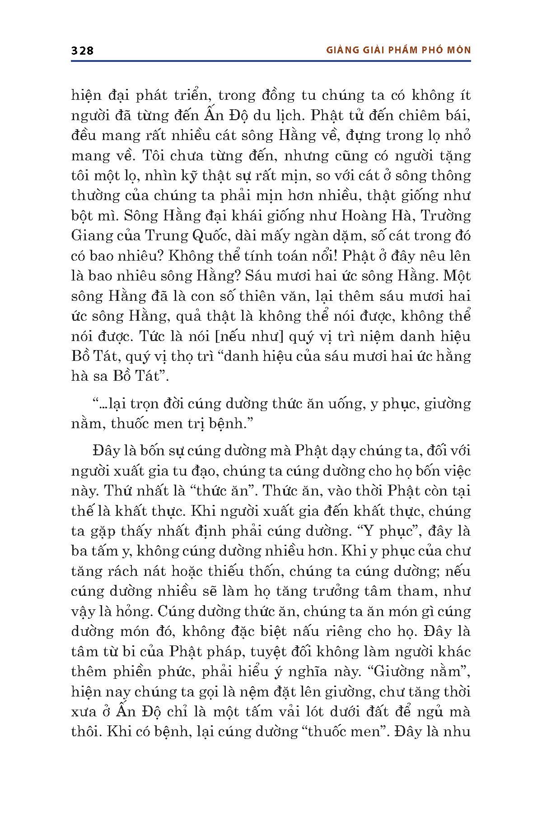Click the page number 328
82,51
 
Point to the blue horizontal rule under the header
271,61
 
